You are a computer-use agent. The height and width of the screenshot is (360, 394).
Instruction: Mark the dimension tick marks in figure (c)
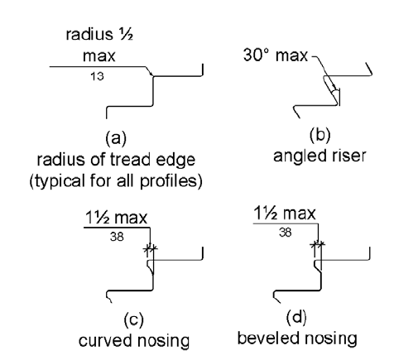[x=150, y=247]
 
